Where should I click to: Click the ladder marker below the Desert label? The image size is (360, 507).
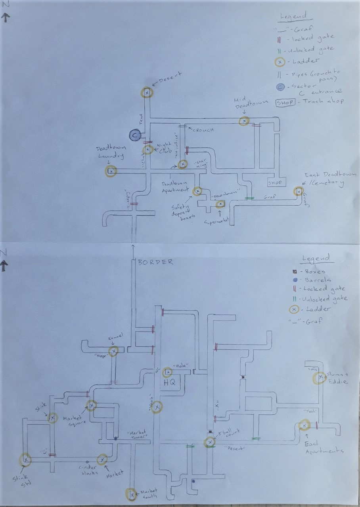coord(147,92)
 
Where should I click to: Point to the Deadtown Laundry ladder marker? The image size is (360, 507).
coord(111,171)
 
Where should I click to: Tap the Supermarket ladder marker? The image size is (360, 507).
coord(220,204)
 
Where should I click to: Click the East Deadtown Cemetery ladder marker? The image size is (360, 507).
coord(298,192)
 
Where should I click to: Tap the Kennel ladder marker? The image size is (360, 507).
coord(114,351)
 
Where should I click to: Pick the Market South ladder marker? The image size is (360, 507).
coord(131,494)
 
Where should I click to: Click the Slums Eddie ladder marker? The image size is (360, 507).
coord(318,378)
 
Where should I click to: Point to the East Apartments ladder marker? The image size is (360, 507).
coord(304,425)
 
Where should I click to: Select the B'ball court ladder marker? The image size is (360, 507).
coord(209,442)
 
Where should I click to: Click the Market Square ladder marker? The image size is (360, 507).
coord(92,406)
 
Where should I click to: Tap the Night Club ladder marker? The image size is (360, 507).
coord(147,150)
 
